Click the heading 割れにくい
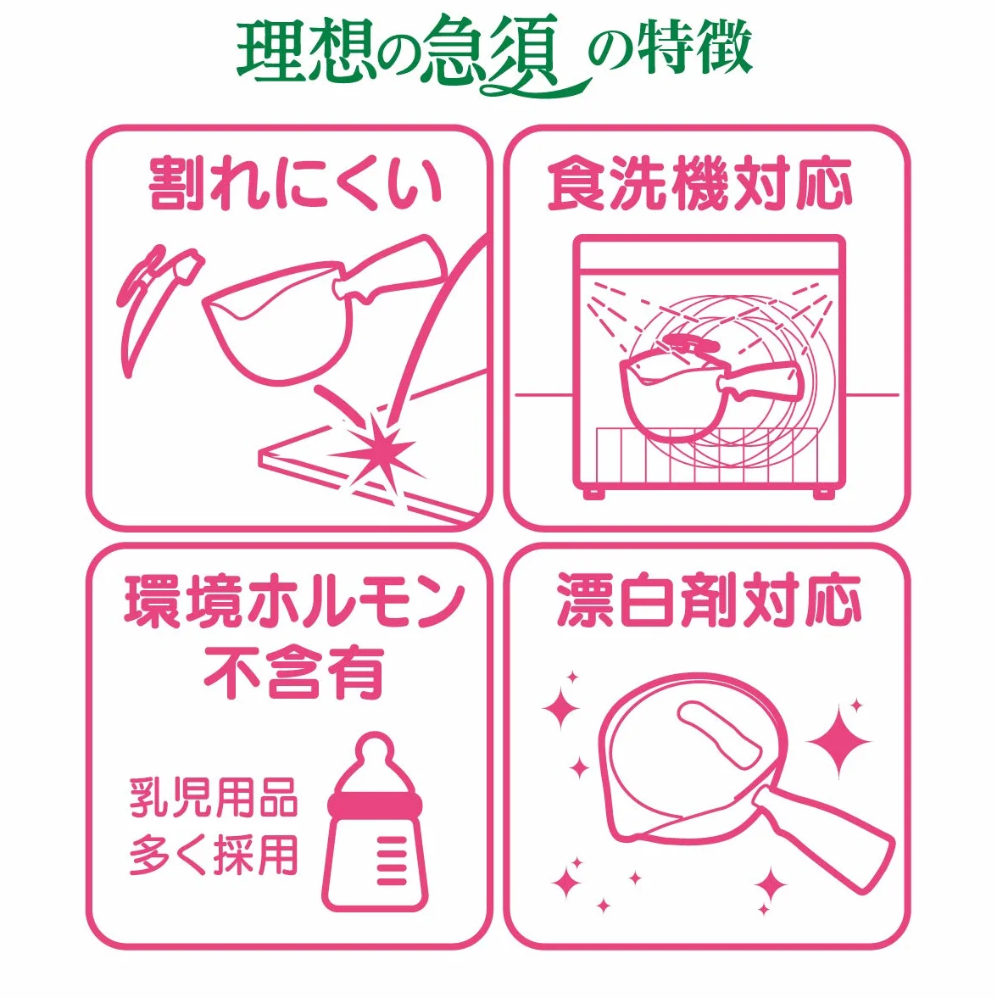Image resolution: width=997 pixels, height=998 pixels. tap(295, 184)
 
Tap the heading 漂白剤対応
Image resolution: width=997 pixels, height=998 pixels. tap(709, 599)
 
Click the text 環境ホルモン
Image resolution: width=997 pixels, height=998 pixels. tap(294, 601)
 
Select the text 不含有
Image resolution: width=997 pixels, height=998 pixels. tap(294, 672)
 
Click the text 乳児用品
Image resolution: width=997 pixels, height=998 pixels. tap(214, 797)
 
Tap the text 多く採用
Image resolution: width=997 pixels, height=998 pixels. tap(214, 855)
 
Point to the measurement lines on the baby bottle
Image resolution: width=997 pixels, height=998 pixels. tap(392, 860)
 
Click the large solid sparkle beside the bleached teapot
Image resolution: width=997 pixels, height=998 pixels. tap(838, 741)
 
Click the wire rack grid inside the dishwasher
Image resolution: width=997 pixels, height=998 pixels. tap(707, 454)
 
